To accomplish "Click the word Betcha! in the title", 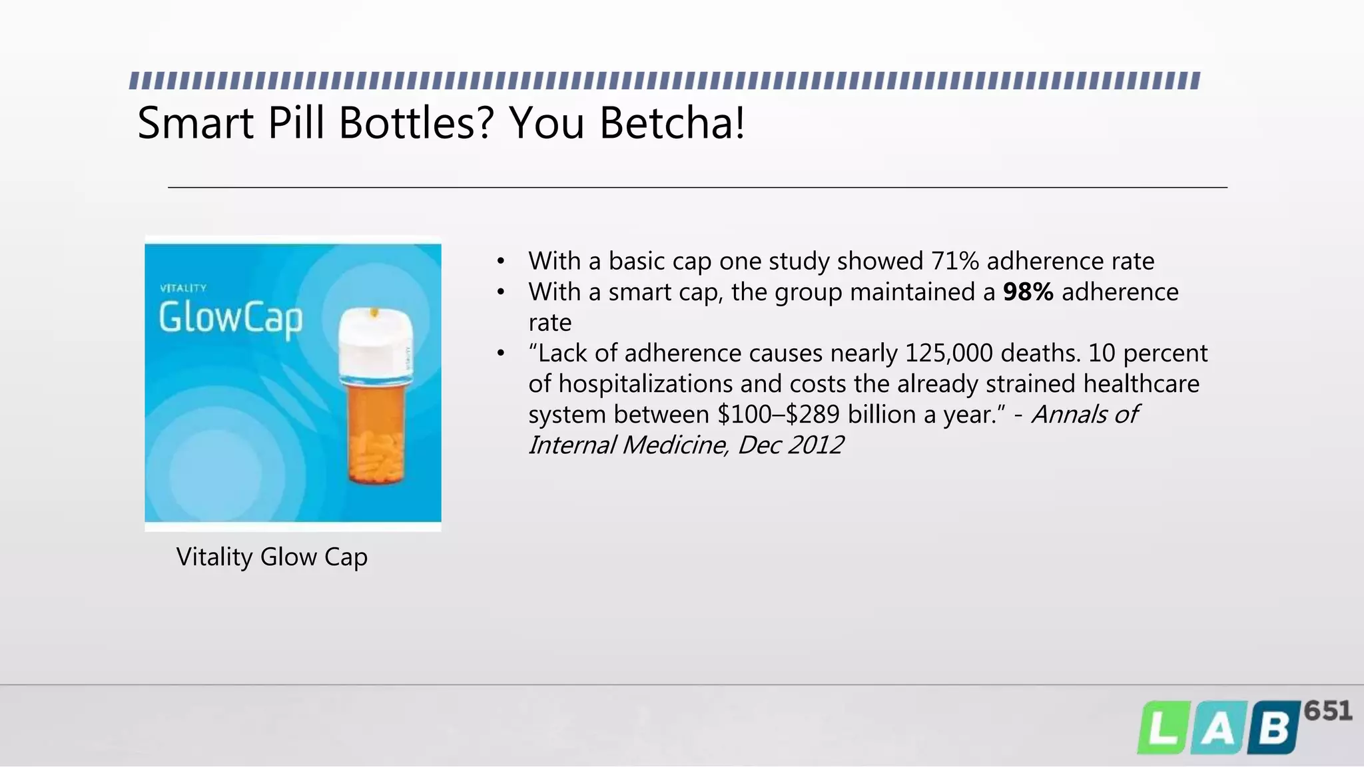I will point(672,123).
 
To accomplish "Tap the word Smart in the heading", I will point(195,123).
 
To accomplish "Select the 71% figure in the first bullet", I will point(954,261).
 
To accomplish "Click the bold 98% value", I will point(1028,292).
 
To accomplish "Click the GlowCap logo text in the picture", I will point(230,318).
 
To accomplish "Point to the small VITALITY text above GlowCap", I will point(183,288).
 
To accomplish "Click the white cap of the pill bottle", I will point(375,343).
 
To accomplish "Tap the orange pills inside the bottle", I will point(376,456).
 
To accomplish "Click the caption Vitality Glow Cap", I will point(272,557).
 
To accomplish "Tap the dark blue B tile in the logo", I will point(1273,728).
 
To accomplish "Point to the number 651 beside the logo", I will point(1327,711).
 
